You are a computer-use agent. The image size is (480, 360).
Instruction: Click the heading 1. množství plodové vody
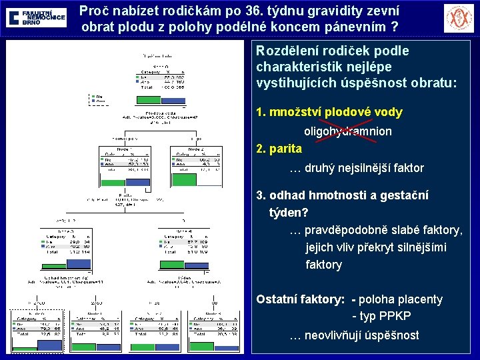click(329, 112)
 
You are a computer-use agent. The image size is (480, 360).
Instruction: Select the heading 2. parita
click(279, 148)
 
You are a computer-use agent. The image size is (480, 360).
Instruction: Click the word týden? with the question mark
click(288, 213)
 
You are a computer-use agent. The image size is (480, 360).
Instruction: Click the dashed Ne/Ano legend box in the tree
click(97, 99)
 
